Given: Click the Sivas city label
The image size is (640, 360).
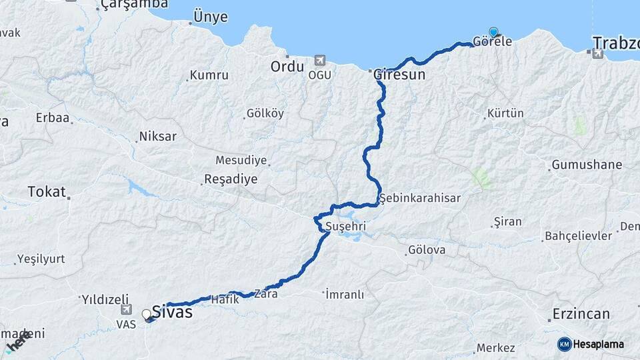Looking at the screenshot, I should click(172, 311).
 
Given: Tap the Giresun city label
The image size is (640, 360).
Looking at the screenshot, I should click(400, 74).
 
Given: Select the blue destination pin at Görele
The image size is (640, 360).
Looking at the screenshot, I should click(493, 32).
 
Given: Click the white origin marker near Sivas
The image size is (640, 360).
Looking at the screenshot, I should click(146, 314).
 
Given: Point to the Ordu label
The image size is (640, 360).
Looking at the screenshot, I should click(287, 67).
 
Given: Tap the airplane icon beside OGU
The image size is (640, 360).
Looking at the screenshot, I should click(320, 61).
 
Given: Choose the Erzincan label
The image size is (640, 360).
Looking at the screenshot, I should click(581, 313).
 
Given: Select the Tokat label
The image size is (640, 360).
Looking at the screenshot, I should click(47, 192).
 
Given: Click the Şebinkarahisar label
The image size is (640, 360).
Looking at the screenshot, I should click(420, 198).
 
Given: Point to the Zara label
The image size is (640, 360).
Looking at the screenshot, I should click(265, 293).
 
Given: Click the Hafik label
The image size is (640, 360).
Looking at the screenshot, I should click(225, 299).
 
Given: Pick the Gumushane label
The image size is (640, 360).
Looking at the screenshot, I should click(587, 165).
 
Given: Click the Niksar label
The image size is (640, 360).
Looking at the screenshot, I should click(157, 137).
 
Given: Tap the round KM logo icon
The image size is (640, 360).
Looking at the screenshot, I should click(565, 344).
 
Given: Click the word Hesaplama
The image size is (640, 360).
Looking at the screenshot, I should click(599, 345).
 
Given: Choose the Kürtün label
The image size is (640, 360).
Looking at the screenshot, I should click(505, 113).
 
